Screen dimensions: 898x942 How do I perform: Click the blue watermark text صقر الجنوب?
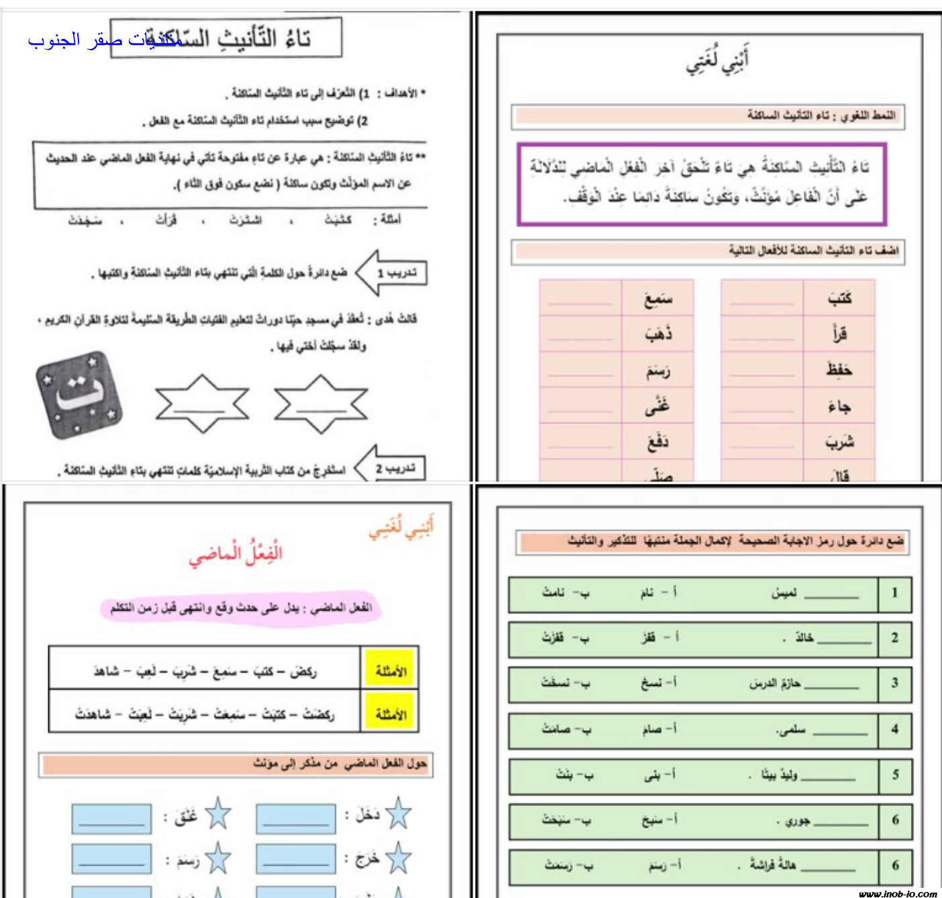[104, 40]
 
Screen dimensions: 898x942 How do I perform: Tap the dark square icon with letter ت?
[80, 395]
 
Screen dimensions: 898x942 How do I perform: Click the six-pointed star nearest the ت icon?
[202, 403]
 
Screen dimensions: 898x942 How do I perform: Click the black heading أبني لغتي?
[717, 60]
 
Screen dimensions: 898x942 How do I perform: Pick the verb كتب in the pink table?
[839, 298]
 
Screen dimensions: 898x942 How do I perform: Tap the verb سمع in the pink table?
[658, 298]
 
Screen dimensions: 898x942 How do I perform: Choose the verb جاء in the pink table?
[839, 406]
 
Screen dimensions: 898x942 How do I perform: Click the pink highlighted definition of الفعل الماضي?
[240, 608]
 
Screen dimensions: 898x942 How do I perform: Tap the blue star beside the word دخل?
[398, 813]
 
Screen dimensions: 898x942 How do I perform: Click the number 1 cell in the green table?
[894, 593]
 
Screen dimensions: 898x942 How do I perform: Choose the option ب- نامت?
[566, 593]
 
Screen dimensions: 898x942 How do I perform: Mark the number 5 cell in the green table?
[895, 775]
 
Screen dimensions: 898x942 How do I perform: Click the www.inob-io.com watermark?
[897, 893]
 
